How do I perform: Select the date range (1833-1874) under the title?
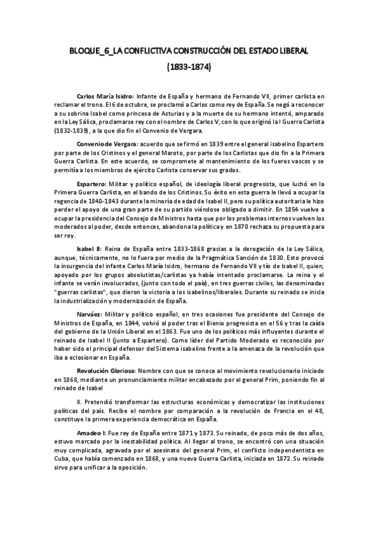189,66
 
